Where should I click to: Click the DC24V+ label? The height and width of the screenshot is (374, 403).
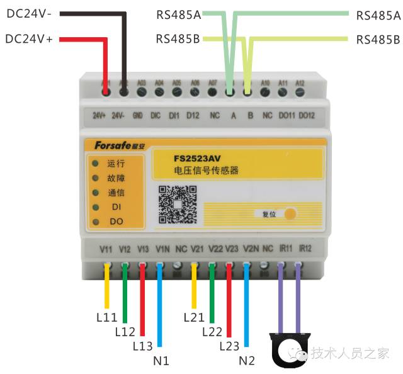pyautogui.click(x=29, y=39)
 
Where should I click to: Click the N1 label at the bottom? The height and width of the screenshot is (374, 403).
pyautogui.click(x=162, y=361)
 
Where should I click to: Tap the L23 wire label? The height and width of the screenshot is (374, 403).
pyautogui.click(x=230, y=345)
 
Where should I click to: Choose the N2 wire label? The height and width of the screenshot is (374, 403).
pyautogui.click(x=247, y=361)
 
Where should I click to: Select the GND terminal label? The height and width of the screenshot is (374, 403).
pyautogui.click(x=141, y=116)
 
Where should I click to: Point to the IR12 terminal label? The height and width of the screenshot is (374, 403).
pyautogui.click(x=305, y=248)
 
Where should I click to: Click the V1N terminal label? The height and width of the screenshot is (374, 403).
pyautogui.click(x=162, y=248)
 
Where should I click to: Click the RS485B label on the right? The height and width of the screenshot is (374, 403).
pyautogui.click(x=378, y=40)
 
